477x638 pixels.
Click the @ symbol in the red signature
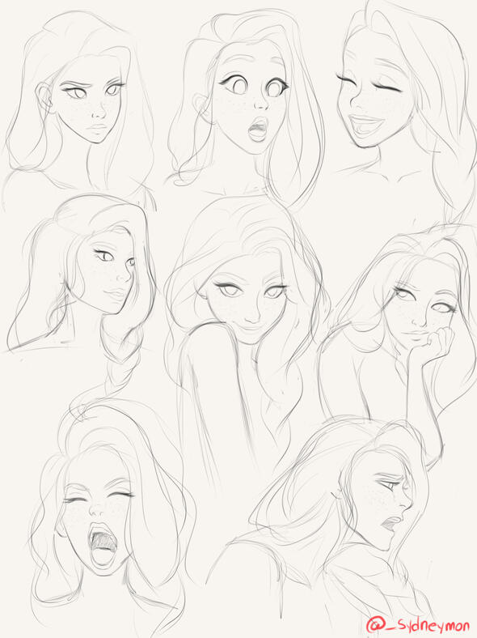coord(374,624)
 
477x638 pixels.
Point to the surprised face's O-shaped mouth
coord(258,129)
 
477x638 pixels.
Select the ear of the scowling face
coord(44,98)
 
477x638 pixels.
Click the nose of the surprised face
coord(260,104)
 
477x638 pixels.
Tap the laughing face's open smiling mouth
coord(368,121)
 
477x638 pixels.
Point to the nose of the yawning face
coord(97,508)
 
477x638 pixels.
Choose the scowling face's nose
coord(98,112)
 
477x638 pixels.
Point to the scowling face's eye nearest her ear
coord(75,92)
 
